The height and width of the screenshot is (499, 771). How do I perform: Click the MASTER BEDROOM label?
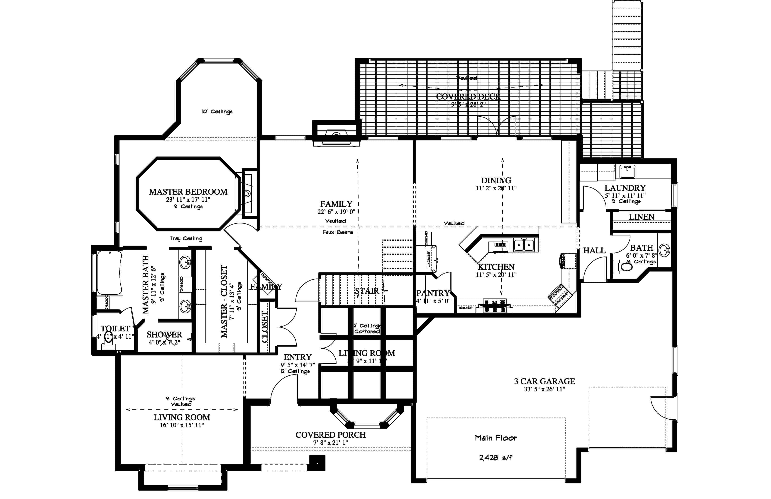point(188,192)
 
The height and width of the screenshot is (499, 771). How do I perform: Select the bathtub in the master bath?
point(110,273)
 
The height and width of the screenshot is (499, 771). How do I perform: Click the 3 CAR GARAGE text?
point(544,381)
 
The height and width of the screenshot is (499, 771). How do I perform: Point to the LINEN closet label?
point(642,217)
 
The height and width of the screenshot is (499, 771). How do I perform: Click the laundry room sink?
point(627,171)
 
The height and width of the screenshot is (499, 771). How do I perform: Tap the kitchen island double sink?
point(524,245)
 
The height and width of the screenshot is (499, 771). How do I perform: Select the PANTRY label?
point(433,293)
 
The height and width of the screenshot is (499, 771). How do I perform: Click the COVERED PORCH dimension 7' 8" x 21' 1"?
point(330,443)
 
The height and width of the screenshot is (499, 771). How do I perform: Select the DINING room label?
point(496,181)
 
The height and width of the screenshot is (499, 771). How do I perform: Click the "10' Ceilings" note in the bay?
point(217,111)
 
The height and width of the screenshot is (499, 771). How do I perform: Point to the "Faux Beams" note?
point(338,232)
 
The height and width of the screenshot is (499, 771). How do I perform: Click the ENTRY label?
point(297,357)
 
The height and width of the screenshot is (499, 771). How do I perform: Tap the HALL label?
point(594,250)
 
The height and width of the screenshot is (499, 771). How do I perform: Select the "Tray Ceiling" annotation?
point(186,238)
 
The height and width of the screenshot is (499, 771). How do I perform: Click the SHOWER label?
point(164,334)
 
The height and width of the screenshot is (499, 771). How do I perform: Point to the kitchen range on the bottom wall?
point(494,306)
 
